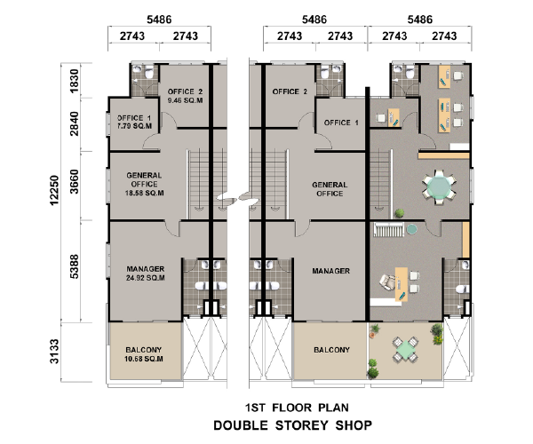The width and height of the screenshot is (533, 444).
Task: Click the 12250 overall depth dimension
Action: click(x=54, y=190)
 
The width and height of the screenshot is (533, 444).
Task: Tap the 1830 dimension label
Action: click(x=74, y=81)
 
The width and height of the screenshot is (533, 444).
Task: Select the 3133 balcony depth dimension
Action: click(x=54, y=352)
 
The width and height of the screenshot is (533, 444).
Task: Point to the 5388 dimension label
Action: click(x=74, y=266)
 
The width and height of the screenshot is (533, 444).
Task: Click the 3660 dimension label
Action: click(x=74, y=182)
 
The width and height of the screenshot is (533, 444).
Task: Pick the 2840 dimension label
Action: click(x=74, y=123)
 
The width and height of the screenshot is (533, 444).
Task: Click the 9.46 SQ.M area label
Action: click(x=186, y=100)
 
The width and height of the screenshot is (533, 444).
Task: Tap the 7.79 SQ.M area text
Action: click(x=135, y=126)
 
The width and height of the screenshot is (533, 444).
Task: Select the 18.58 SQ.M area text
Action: click(x=145, y=193)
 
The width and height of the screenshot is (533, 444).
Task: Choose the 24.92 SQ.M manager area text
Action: click(x=146, y=278)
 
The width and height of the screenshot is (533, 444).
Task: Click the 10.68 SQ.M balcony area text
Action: click(x=144, y=359)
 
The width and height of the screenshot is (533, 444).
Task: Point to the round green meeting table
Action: click(x=439, y=186)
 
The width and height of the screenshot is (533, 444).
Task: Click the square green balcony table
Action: click(x=404, y=350)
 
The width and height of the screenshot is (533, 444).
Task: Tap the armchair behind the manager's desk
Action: click(x=387, y=282)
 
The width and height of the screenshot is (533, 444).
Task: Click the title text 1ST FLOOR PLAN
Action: click(x=297, y=408)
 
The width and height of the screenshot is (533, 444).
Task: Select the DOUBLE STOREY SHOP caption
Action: click(x=292, y=425)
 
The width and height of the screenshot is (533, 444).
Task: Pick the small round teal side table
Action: click(x=411, y=229)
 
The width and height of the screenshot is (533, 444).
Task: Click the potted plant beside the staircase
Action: click(x=400, y=213)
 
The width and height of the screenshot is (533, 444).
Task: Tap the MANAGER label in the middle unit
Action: click(x=330, y=271)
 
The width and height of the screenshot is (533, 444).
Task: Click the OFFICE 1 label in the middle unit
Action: click(x=341, y=123)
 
